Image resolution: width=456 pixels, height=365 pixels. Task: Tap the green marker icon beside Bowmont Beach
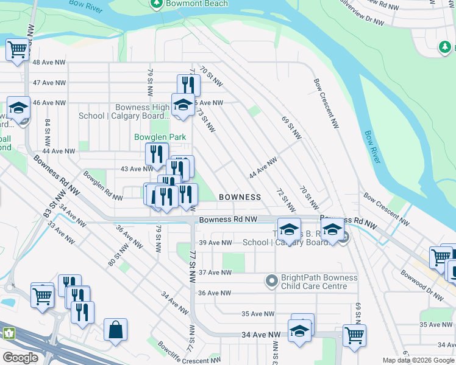[x=157, y=4]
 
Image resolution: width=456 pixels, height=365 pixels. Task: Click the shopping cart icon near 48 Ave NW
[x=18, y=50]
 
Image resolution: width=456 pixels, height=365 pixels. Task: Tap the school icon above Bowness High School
[x=183, y=105]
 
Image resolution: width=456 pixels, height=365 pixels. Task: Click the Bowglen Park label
[x=160, y=137]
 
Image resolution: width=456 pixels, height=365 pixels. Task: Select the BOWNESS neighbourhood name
[x=240, y=197]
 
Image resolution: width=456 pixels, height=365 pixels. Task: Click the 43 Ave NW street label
[x=136, y=169]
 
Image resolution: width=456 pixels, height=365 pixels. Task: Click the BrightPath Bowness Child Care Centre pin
[x=272, y=281]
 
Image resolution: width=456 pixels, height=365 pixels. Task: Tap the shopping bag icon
[x=115, y=330]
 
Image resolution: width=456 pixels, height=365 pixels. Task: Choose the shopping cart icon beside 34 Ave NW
[x=354, y=335]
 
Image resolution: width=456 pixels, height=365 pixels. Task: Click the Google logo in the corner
[x=20, y=358]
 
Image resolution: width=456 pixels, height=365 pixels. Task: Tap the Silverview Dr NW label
[x=360, y=13]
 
